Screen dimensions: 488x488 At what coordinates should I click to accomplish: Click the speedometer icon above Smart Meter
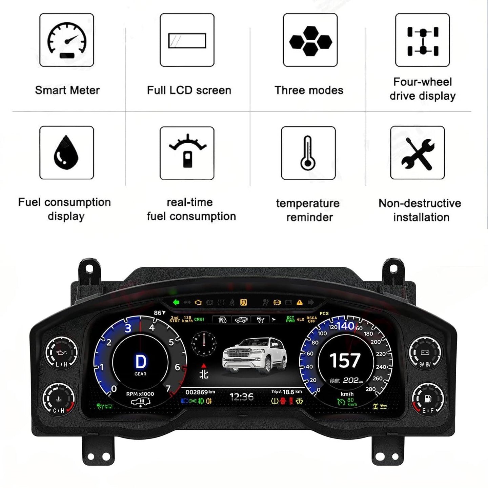67,40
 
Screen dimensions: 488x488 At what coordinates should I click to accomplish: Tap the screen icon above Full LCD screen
187,40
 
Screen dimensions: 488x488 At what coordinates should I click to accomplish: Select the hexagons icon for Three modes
310,40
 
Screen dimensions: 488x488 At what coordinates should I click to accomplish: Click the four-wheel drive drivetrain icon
423,40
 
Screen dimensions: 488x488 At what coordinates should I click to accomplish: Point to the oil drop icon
66,152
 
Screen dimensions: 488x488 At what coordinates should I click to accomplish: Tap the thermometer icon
308,153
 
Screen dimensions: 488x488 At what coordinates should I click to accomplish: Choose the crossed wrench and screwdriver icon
418,153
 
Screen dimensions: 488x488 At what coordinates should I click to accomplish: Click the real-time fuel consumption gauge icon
187,152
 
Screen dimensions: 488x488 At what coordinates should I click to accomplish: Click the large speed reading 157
345,361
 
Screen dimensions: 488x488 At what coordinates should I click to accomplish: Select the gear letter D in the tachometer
140,362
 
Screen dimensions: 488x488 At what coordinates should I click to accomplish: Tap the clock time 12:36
241,397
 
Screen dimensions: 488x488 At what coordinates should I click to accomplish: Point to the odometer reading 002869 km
200,392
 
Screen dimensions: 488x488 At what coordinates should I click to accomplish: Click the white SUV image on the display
255,356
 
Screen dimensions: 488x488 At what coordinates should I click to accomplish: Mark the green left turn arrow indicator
176,302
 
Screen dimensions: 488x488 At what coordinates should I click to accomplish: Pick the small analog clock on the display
204,344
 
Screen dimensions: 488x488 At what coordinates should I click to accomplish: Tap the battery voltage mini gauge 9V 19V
425,353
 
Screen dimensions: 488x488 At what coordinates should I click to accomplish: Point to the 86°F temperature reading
160,313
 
